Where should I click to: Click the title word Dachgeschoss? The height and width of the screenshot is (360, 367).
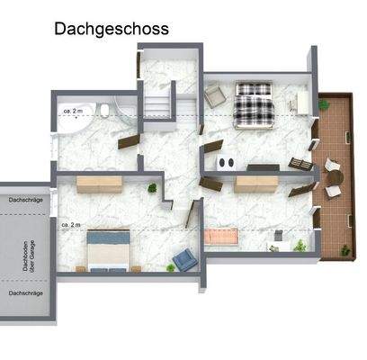click(111, 29)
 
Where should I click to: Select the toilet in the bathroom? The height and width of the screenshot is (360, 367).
click(105, 112)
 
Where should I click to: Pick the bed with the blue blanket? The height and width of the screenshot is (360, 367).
click(107, 249)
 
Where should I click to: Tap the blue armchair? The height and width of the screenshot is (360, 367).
click(184, 260)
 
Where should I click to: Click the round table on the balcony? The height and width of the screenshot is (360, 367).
click(336, 178)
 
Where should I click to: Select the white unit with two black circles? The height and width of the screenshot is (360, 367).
click(225, 162)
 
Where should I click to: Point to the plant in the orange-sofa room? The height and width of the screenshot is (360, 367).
click(300, 244)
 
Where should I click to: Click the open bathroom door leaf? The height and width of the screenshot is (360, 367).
click(129, 141)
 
